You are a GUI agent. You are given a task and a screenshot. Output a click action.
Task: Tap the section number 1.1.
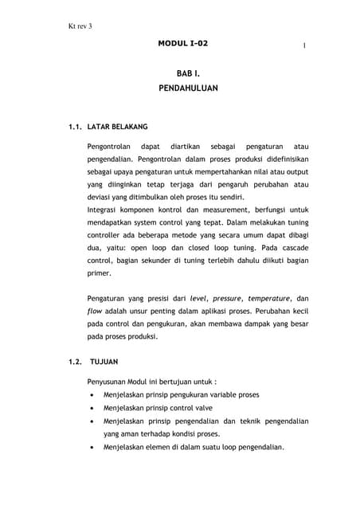(74, 126)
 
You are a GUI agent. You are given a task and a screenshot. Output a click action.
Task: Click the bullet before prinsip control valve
(96, 408)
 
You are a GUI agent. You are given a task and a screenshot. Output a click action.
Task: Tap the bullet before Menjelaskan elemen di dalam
(96, 447)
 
